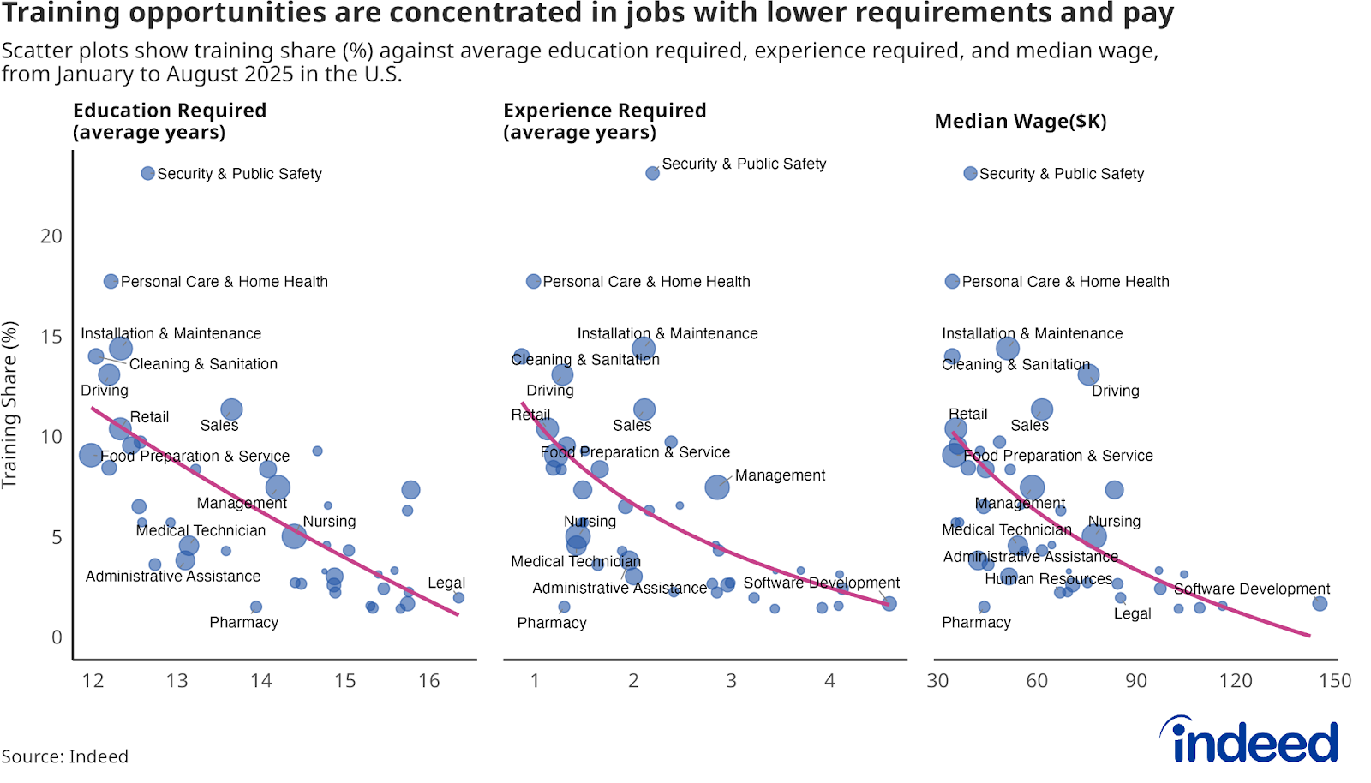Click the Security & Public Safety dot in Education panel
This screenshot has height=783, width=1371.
(147, 173)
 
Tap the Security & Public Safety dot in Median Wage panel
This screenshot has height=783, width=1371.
(970, 173)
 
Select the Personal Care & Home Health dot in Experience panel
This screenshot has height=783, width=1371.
(533, 281)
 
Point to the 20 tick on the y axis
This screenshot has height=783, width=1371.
(51, 236)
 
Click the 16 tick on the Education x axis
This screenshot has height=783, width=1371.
(428, 681)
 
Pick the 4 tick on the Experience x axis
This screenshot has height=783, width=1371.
(829, 681)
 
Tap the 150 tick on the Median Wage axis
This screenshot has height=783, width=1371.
(1335, 681)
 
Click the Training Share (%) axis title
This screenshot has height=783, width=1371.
(10, 404)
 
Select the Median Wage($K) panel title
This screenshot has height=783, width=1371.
(1020, 122)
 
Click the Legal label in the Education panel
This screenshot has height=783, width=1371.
(446, 583)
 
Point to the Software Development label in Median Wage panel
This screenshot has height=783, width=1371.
(1251, 589)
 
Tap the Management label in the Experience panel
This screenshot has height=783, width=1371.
(780, 475)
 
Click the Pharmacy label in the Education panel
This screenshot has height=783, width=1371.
(244, 622)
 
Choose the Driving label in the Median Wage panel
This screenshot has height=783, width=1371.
(1115, 391)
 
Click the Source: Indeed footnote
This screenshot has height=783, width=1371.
(65, 756)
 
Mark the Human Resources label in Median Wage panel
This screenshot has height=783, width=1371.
(1048, 578)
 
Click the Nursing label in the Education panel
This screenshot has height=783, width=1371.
(329, 521)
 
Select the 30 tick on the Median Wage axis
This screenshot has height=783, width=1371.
(938, 681)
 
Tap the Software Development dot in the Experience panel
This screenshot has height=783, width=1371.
(889, 604)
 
